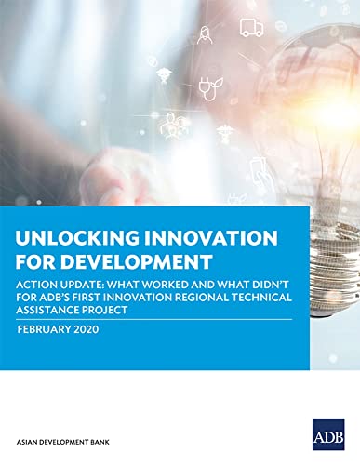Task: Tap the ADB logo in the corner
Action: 328,434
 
